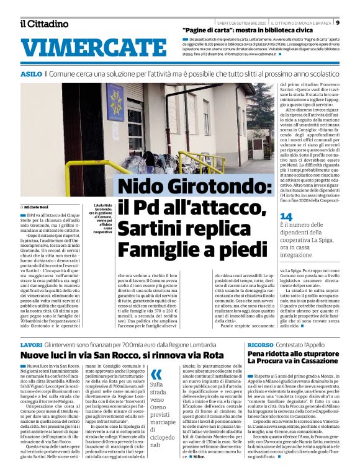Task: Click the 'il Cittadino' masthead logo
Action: [44, 24]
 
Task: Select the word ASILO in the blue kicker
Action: [31, 74]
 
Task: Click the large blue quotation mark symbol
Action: [156, 373]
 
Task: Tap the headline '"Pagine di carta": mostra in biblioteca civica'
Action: [254, 30]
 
